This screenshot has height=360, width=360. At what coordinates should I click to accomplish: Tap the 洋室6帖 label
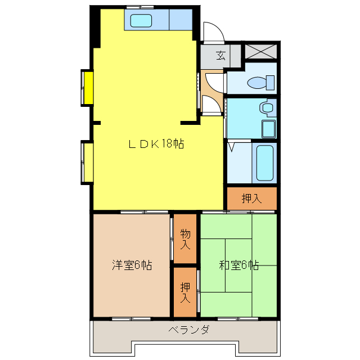tap(132, 265)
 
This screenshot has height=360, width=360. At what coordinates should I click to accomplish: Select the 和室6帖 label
tap(238, 265)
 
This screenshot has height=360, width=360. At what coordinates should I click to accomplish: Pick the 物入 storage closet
tap(185, 238)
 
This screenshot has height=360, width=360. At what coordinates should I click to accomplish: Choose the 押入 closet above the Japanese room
tap(251, 198)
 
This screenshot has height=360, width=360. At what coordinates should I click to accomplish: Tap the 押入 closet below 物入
tap(185, 292)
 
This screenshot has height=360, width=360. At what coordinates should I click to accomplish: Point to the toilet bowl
tap(260, 83)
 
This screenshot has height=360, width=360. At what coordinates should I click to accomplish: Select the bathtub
tap(264, 163)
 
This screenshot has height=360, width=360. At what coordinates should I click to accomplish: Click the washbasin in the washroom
tap(267, 107)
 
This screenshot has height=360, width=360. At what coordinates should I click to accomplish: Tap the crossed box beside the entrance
tap(261, 51)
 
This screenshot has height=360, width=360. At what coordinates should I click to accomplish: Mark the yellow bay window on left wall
tap(87, 87)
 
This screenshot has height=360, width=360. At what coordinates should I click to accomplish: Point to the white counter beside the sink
tap(181, 21)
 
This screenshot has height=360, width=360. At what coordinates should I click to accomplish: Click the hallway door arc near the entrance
tap(210, 105)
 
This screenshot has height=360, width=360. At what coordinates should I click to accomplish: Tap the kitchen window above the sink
tap(139, 6)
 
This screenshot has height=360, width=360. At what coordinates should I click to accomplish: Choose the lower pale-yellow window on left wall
tap(87, 162)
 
